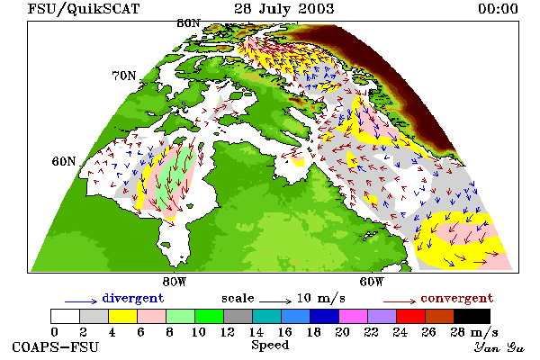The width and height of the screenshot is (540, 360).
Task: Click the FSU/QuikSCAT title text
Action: tap(84, 9)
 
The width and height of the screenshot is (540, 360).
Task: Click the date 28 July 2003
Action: tap(284, 9)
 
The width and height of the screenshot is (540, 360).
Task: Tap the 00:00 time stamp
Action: tap(498, 9)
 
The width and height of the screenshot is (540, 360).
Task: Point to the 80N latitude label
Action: tap(188, 23)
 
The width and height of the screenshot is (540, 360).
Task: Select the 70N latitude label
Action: tap(124, 76)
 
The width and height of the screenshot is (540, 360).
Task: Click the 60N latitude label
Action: tap(64, 161)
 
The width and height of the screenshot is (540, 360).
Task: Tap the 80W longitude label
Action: tap(175, 282)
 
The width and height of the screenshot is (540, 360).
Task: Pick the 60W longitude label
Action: tap(372, 282)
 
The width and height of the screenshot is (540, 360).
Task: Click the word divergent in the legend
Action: tap(133, 298)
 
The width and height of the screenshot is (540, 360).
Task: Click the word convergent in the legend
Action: tap(457, 298)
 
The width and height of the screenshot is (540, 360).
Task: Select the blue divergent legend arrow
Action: tap(81, 301)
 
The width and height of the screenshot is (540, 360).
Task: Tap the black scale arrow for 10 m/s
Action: tap(275, 301)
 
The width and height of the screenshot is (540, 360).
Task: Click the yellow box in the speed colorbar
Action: tap(122, 316)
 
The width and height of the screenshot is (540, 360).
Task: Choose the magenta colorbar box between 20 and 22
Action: tap(353, 316)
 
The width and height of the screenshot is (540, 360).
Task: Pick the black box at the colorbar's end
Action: tap(472, 316)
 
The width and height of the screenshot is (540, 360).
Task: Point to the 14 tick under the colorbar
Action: tap(256, 332)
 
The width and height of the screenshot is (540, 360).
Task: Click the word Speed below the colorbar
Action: tap(270, 346)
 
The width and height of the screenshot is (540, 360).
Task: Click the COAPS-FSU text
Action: tap(56, 346)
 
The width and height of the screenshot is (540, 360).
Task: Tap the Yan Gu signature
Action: tap(499, 347)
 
